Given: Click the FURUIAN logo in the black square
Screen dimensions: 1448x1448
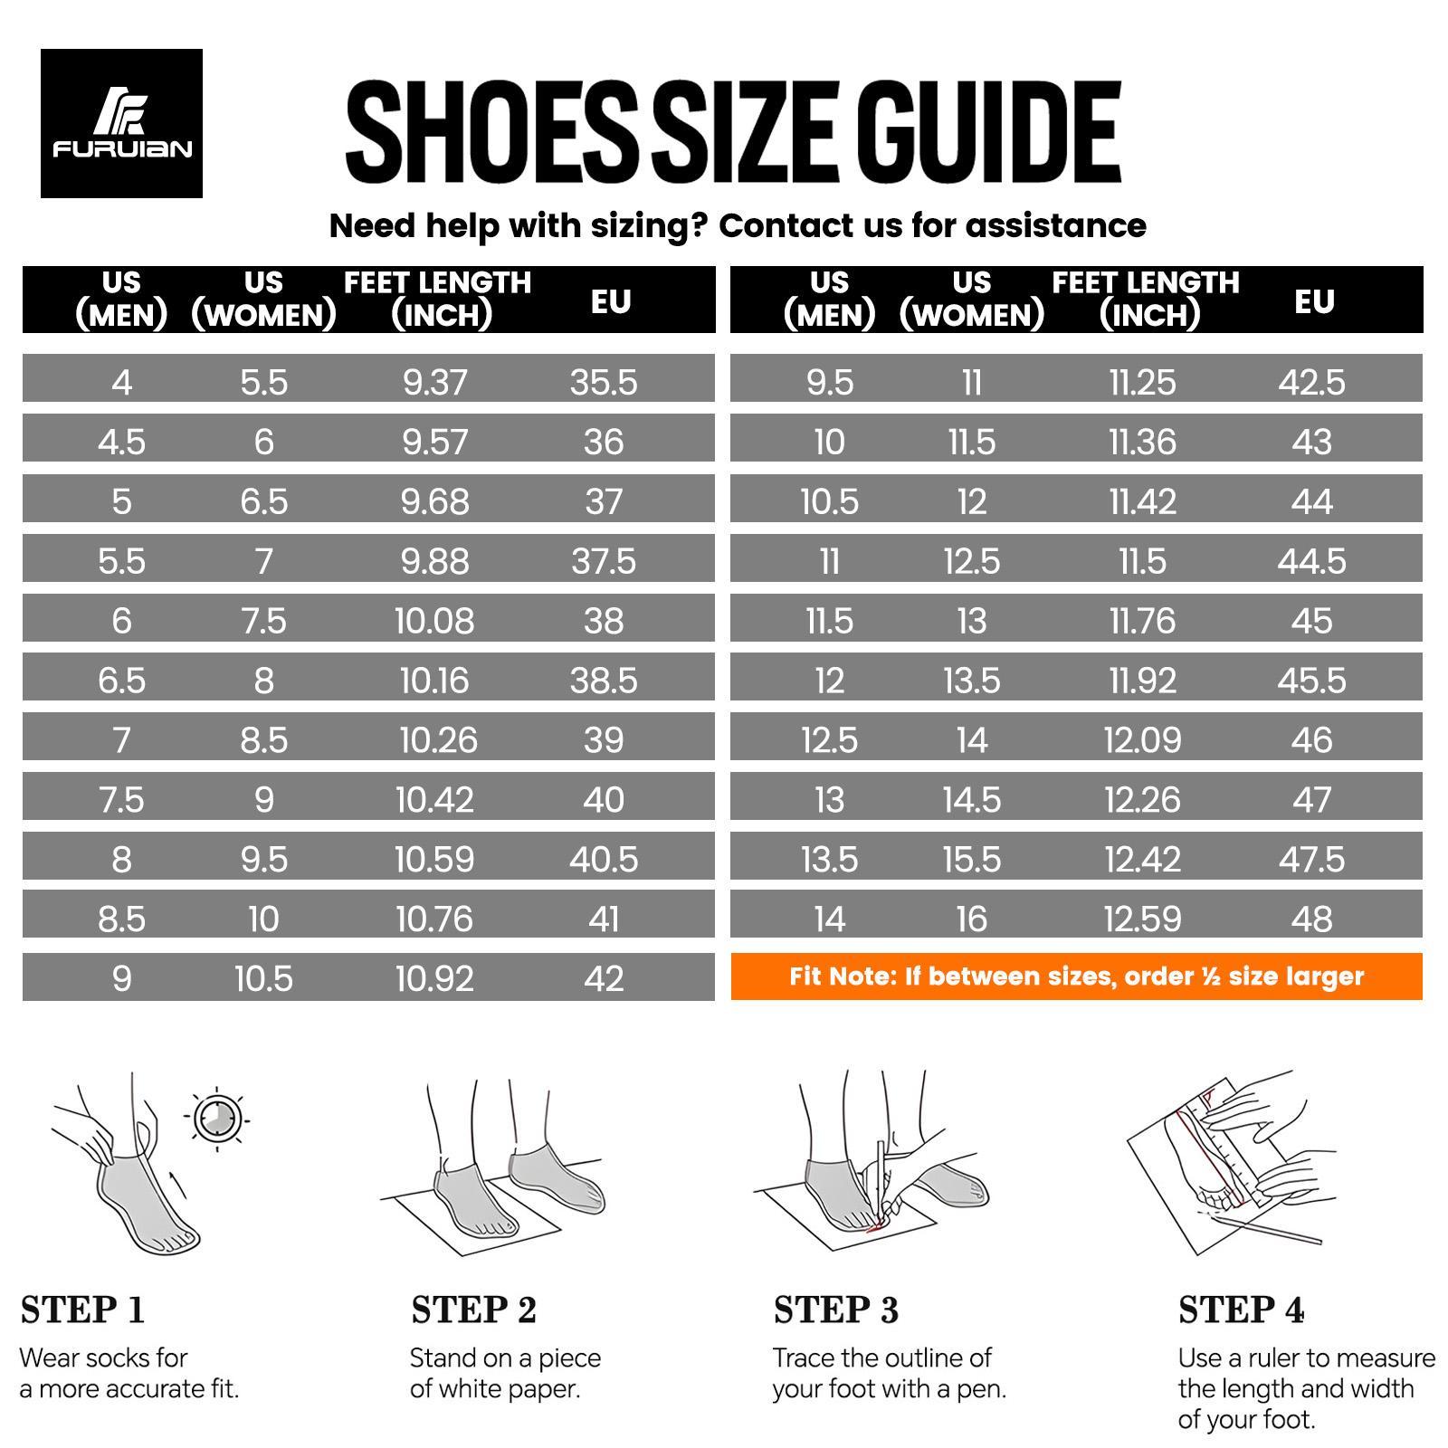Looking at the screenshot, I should point(121,124).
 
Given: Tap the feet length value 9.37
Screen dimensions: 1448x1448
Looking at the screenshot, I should point(435,382).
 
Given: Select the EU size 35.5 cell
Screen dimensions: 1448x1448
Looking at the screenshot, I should point(604,382).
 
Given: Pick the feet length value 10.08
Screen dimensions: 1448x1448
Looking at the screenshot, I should point(434,621).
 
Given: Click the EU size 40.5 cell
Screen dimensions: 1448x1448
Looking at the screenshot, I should point(604,859).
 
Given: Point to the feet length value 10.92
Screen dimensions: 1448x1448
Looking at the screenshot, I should point(434,978).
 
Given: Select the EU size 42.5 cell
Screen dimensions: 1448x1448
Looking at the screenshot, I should point(1311,382).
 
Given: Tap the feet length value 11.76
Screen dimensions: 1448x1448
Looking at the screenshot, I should point(1142,621).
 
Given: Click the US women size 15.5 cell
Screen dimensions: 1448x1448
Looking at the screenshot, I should point(971,859).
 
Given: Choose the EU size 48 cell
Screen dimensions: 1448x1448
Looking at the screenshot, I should point(1311,919).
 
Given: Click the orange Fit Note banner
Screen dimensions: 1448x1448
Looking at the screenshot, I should point(1076,976).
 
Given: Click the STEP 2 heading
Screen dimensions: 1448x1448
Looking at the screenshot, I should point(473,1310).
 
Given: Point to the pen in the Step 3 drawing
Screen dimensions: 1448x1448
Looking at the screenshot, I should point(877,1176).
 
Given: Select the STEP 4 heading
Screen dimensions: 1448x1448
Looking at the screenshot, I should point(1241,1310).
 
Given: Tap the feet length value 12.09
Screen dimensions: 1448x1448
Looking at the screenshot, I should point(1142,740).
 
